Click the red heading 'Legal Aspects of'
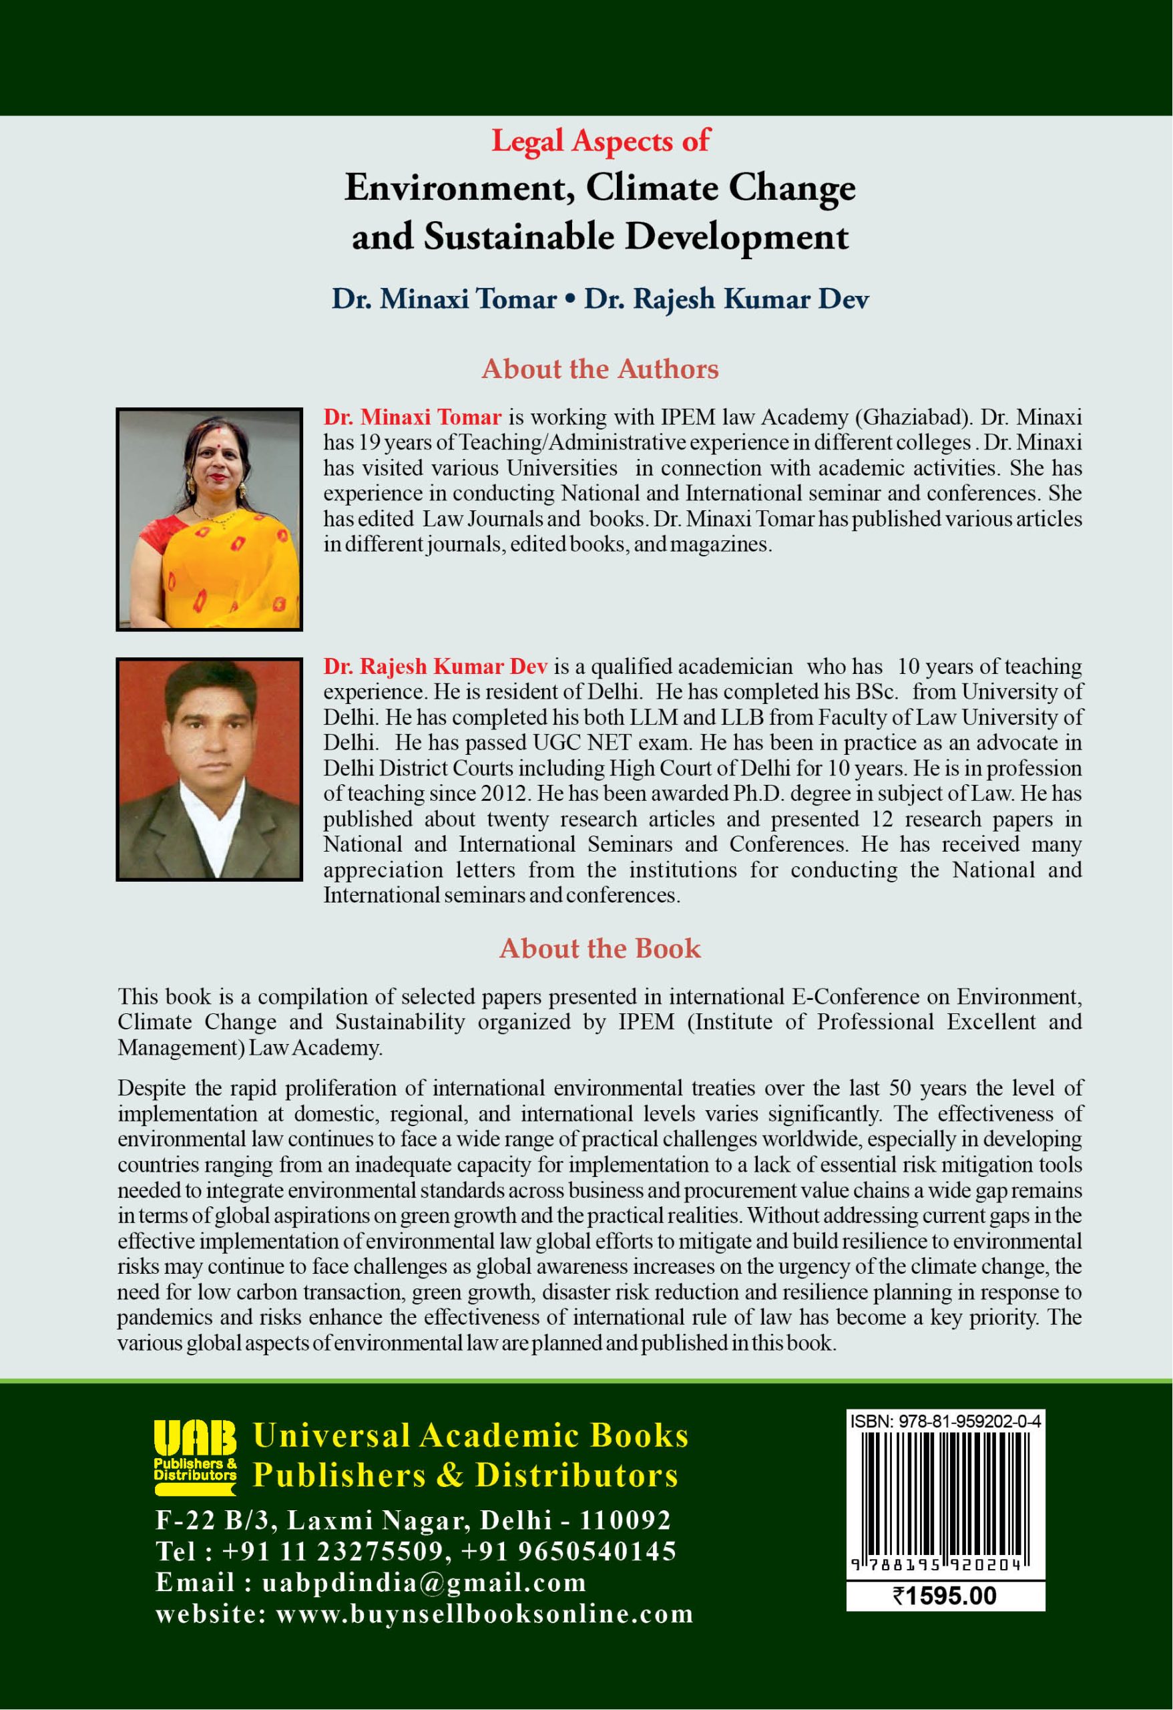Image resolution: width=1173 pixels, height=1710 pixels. point(600,140)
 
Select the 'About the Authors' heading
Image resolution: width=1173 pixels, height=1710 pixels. point(600,368)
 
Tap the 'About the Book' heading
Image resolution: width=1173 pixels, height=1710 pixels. point(600,948)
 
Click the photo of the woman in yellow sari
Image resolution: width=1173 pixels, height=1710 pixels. point(210,519)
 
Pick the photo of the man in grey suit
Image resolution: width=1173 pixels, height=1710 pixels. point(210,768)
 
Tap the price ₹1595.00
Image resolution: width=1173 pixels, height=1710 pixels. point(945,1595)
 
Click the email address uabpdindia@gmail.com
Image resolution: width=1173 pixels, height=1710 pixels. point(425,1582)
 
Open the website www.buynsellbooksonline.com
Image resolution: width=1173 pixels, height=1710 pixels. point(485,1614)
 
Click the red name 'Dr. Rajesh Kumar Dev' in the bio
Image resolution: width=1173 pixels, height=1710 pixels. point(435,667)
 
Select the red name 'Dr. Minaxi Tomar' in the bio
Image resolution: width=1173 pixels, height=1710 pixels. point(413,417)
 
